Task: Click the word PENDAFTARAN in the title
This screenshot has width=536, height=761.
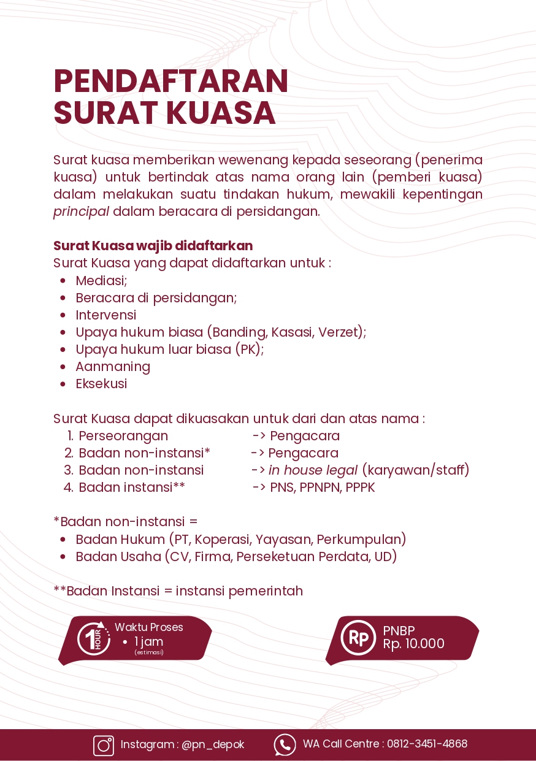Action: [170, 82]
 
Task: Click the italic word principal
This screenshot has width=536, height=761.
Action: [81, 212]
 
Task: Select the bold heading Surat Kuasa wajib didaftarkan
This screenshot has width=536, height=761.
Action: [153, 246]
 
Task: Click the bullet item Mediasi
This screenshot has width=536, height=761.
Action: [101, 281]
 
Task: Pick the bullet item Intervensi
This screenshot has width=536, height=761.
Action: [105, 315]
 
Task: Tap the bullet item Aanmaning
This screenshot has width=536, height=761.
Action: [113, 367]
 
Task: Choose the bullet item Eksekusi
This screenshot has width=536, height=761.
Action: [101, 384]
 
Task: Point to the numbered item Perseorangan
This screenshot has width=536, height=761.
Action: [123, 436]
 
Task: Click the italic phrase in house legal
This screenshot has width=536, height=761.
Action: [313, 470]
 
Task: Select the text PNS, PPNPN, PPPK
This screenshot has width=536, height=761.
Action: [322, 488]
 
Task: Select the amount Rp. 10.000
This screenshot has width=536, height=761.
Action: [413, 644]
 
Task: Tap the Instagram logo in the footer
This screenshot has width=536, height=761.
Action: [104, 745]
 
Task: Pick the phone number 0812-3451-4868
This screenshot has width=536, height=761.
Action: [427, 744]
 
